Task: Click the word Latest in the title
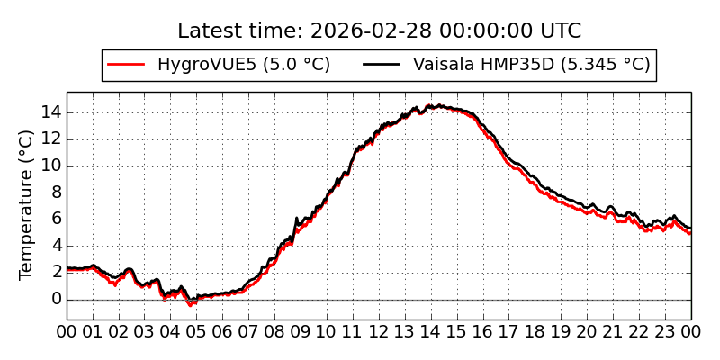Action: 208,31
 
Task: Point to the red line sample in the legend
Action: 126,65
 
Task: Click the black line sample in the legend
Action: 382,65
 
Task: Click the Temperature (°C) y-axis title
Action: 27,204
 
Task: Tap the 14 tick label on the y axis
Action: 50,112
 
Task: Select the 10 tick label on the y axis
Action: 50,166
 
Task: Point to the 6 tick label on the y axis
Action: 56,219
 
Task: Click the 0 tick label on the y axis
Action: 56,299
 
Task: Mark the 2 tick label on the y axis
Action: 56,272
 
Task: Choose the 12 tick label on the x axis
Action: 379,331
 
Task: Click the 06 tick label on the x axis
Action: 223,331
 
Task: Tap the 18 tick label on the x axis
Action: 535,331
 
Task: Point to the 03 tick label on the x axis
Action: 145,331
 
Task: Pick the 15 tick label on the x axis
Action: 457,331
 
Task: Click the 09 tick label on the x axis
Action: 301,331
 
